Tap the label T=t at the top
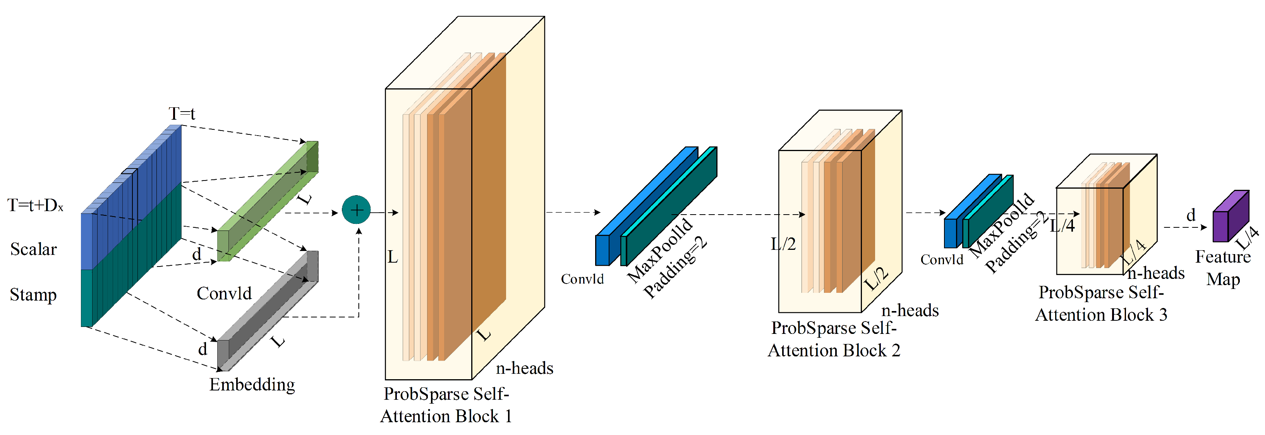[x=182, y=113]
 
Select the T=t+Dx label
[x=35, y=205]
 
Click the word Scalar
[x=33, y=249]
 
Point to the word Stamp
[x=33, y=294]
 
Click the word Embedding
[x=252, y=384]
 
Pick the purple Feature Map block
[x=1230, y=217]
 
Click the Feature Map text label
[x=1223, y=268]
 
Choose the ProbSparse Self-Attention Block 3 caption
[x=1101, y=303]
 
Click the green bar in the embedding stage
[x=268, y=201]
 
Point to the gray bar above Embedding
[x=268, y=311]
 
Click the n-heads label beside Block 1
[x=524, y=368]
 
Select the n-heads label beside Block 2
[x=910, y=310]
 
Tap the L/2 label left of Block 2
[x=783, y=244]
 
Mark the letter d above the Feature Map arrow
[x=1191, y=215]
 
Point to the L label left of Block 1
[x=392, y=256]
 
